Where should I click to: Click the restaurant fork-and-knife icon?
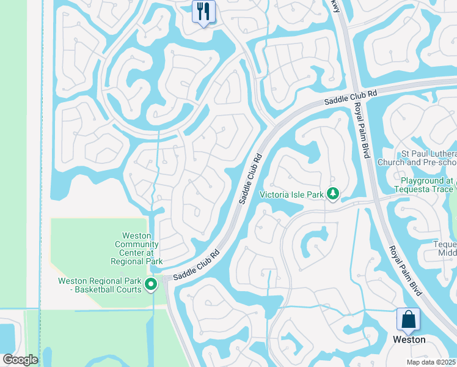point(203,11)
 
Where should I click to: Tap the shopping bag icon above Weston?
point(408,320)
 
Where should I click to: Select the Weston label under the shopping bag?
point(409,339)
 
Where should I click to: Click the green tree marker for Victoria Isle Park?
point(333,195)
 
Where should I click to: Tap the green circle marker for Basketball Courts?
point(152,284)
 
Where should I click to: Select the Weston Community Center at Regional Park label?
point(137,248)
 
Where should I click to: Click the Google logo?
point(20,360)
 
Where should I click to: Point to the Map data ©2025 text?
point(431,362)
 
